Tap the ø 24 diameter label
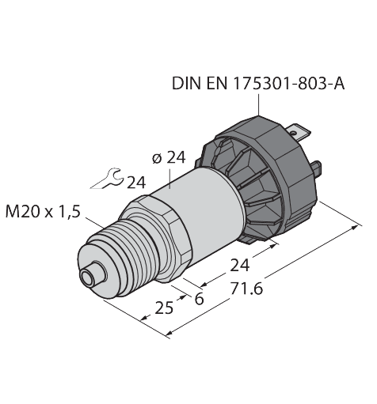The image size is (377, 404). (169, 158)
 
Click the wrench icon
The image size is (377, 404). (107, 180)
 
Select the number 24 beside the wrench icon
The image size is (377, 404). (136, 183)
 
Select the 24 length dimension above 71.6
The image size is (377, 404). (238, 264)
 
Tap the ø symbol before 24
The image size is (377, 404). (155, 159)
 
